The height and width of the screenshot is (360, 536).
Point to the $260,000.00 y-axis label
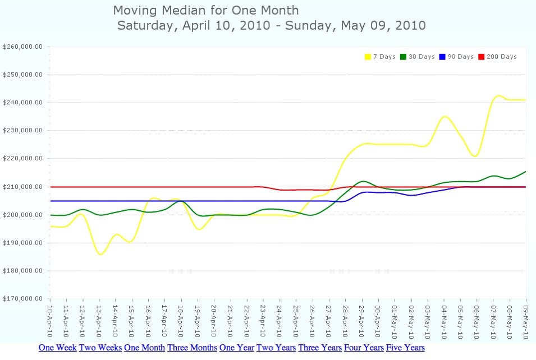click(x=23, y=47)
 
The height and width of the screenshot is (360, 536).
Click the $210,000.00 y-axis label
click(x=23, y=187)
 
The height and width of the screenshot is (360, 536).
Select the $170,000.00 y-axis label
click(x=23, y=299)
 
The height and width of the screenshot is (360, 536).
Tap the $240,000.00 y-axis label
click(x=23, y=103)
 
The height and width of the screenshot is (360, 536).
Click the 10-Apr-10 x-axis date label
click(x=50, y=321)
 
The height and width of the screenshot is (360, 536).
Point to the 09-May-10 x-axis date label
click(x=526, y=321)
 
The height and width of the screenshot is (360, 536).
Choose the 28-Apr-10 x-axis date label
click(x=345, y=321)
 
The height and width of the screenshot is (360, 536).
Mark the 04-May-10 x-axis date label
click(x=444, y=321)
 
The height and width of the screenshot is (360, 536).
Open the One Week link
click(x=57, y=348)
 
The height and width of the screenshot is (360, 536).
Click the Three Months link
click(x=192, y=348)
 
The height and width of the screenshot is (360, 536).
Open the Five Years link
click(x=405, y=348)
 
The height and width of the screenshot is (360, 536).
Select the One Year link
click(x=236, y=348)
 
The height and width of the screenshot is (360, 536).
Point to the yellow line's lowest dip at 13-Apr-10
click(x=100, y=254)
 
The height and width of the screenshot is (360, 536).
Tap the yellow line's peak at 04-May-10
click(x=445, y=117)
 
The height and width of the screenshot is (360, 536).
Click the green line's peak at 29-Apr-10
click(x=363, y=181)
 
